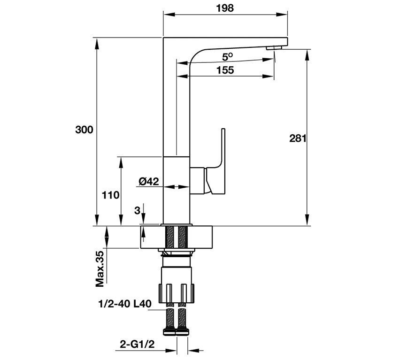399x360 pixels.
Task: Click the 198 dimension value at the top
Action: pyautogui.click(x=225, y=8)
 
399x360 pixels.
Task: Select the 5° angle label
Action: pyautogui.click(x=228, y=57)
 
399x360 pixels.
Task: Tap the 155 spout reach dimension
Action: pyautogui.click(x=225, y=70)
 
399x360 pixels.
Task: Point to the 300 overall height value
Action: pyautogui.click(x=84, y=130)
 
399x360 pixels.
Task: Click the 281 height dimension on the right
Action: pyautogui.click(x=298, y=138)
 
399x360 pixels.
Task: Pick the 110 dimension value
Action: pyautogui.click(x=111, y=194)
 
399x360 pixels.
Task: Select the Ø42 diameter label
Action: pyautogui.click(x=149, y=181)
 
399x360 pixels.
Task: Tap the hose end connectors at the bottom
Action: pyautogui.click(x=176, y=332)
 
